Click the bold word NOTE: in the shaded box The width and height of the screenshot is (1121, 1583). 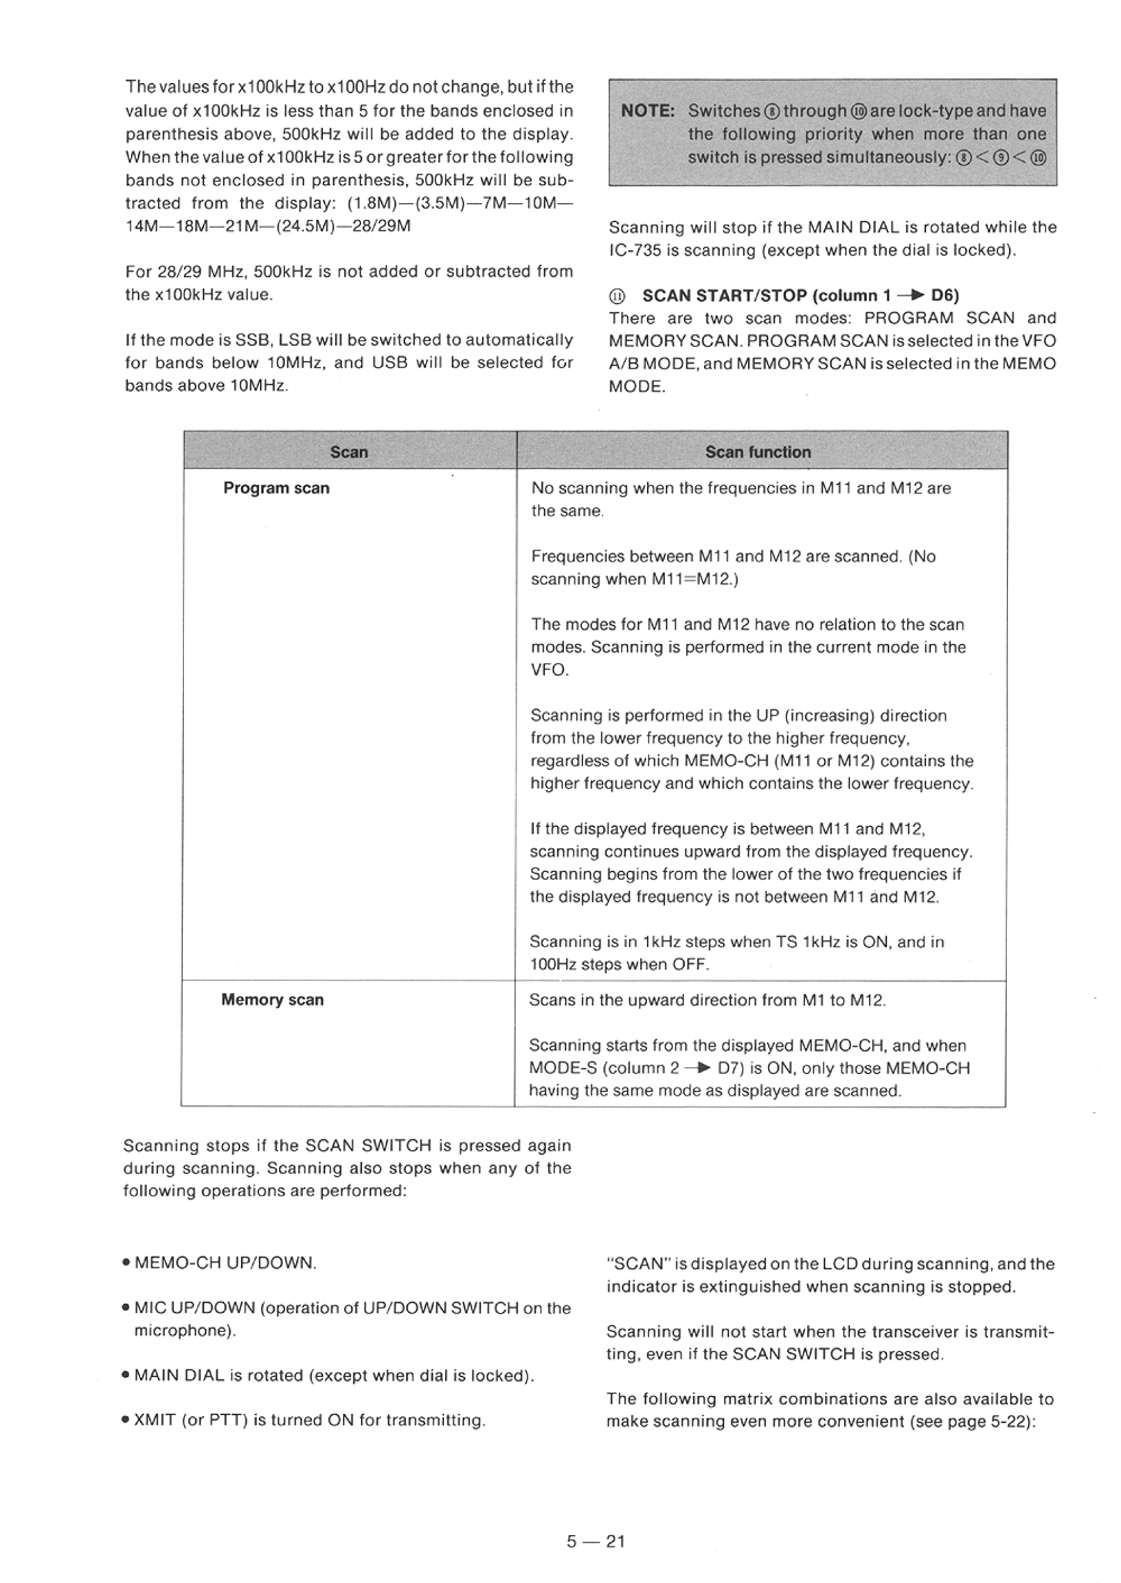[x=648, y=111]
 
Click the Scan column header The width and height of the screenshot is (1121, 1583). [x=349, y=452]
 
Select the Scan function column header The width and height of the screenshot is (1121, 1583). [x=758, y=452]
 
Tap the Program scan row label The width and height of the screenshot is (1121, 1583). [x=276, y=488]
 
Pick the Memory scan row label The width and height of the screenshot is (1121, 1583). [x=272, y=1000]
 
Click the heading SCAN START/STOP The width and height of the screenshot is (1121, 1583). [x=724, y=295]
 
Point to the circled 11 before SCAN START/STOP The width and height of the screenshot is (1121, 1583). [x=617, y=296]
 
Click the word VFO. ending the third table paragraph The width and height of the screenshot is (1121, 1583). [x=549, y=670]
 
